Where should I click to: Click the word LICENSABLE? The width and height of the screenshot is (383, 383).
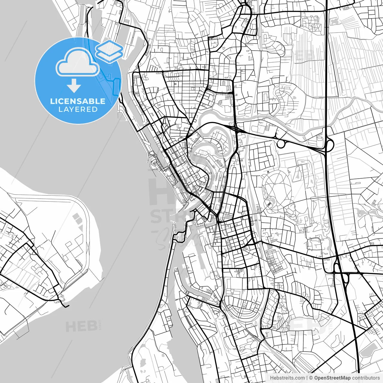[x=78, y=101]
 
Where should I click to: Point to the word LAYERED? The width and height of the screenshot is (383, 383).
[x=78, y=110]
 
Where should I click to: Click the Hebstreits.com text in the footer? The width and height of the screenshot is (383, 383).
[x=287, y=378]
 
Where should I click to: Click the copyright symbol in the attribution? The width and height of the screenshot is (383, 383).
[x=311, y=378]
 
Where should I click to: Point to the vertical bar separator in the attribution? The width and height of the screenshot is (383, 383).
[x=307, y=378]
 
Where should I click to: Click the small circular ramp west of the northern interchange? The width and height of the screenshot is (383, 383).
[x=281, y=144]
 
